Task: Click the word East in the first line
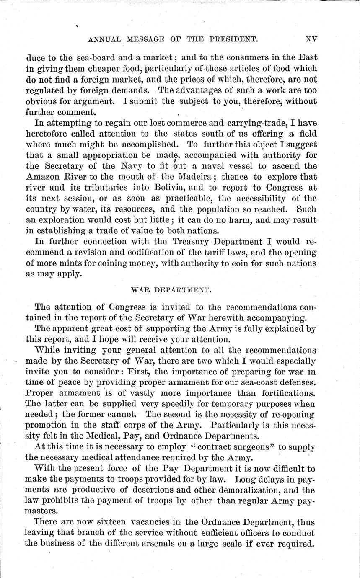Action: [x=307, y=57]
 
